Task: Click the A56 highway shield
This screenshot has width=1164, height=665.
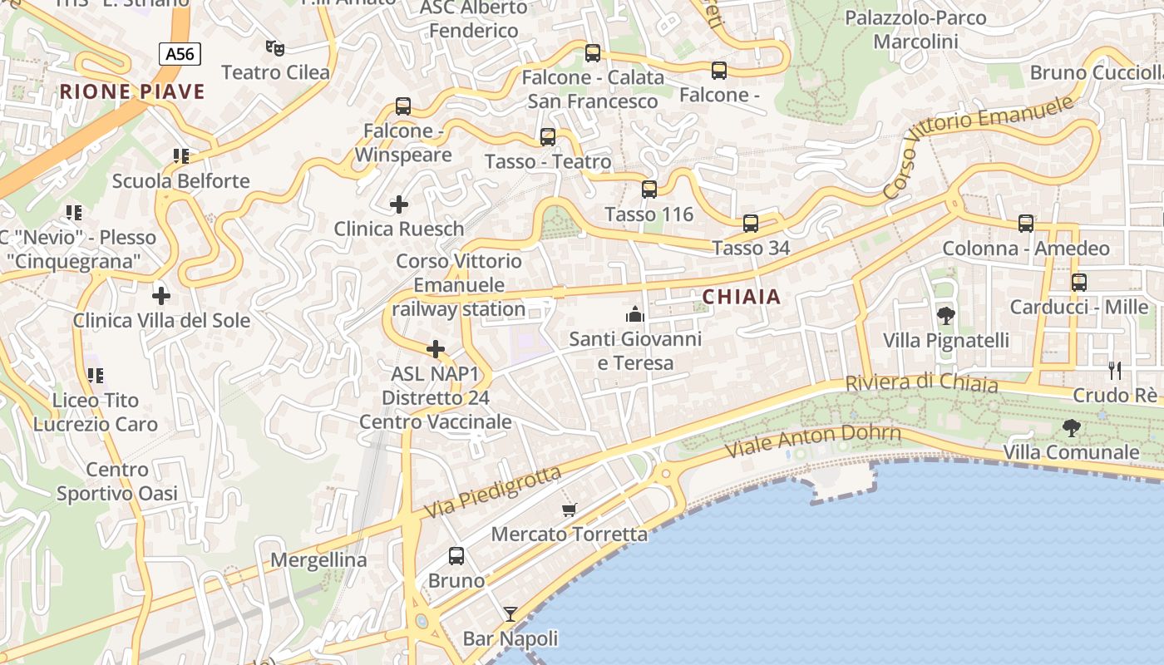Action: pos(180,55)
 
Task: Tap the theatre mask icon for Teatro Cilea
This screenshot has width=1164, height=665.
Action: pos(274,48)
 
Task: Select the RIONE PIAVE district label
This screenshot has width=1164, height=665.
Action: pos(132,91)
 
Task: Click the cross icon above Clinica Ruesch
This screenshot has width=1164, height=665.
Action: pos(399,204)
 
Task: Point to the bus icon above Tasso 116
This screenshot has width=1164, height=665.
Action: pos(649,190)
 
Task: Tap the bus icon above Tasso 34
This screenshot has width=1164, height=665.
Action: pos(751,223)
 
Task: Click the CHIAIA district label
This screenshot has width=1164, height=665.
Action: pos(742,297)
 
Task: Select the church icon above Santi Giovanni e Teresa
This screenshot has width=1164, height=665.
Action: pos(635,314)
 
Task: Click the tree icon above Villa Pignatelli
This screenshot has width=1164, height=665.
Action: pos(945,315)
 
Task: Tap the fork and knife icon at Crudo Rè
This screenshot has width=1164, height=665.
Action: pos(1115,370)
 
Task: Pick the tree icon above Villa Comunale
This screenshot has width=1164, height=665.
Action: pos(1072,428)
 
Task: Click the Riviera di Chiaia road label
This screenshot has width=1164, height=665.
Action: pos(921,383)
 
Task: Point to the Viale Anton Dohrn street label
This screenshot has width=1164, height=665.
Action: pos(813,441)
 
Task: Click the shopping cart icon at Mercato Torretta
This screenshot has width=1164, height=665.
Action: pos(569,510)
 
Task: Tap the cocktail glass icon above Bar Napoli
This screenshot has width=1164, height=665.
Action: pos(510,614)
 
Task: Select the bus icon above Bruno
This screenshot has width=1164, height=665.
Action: pos(456,556)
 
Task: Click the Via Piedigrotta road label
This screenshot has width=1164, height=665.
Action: pos(492,494)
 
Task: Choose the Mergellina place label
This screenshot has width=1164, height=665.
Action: pos(318,560)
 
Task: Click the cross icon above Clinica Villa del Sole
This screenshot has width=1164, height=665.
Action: pos(161,295)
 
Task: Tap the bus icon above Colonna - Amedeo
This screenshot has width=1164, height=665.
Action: pos(1026,224)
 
